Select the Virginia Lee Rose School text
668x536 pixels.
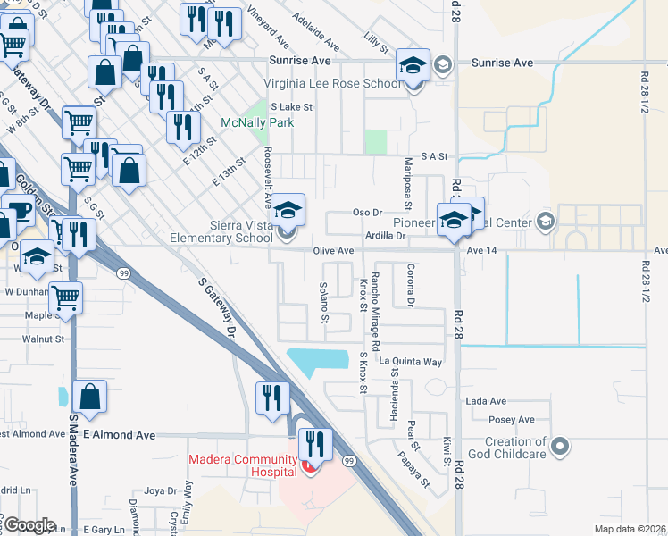(332, 84)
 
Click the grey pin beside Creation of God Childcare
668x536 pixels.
(560, 444)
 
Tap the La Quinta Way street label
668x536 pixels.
(410, 362)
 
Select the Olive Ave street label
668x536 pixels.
(334, 251)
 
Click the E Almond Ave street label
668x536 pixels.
(119, 435)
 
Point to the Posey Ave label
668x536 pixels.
(512, 419)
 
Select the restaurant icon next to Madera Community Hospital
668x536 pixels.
(314, 441)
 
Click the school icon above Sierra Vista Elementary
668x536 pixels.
(288, 210)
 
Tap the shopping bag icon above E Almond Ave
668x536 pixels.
(90, 396)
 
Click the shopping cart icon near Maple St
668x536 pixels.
(65, 297)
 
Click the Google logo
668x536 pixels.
(29, 525)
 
